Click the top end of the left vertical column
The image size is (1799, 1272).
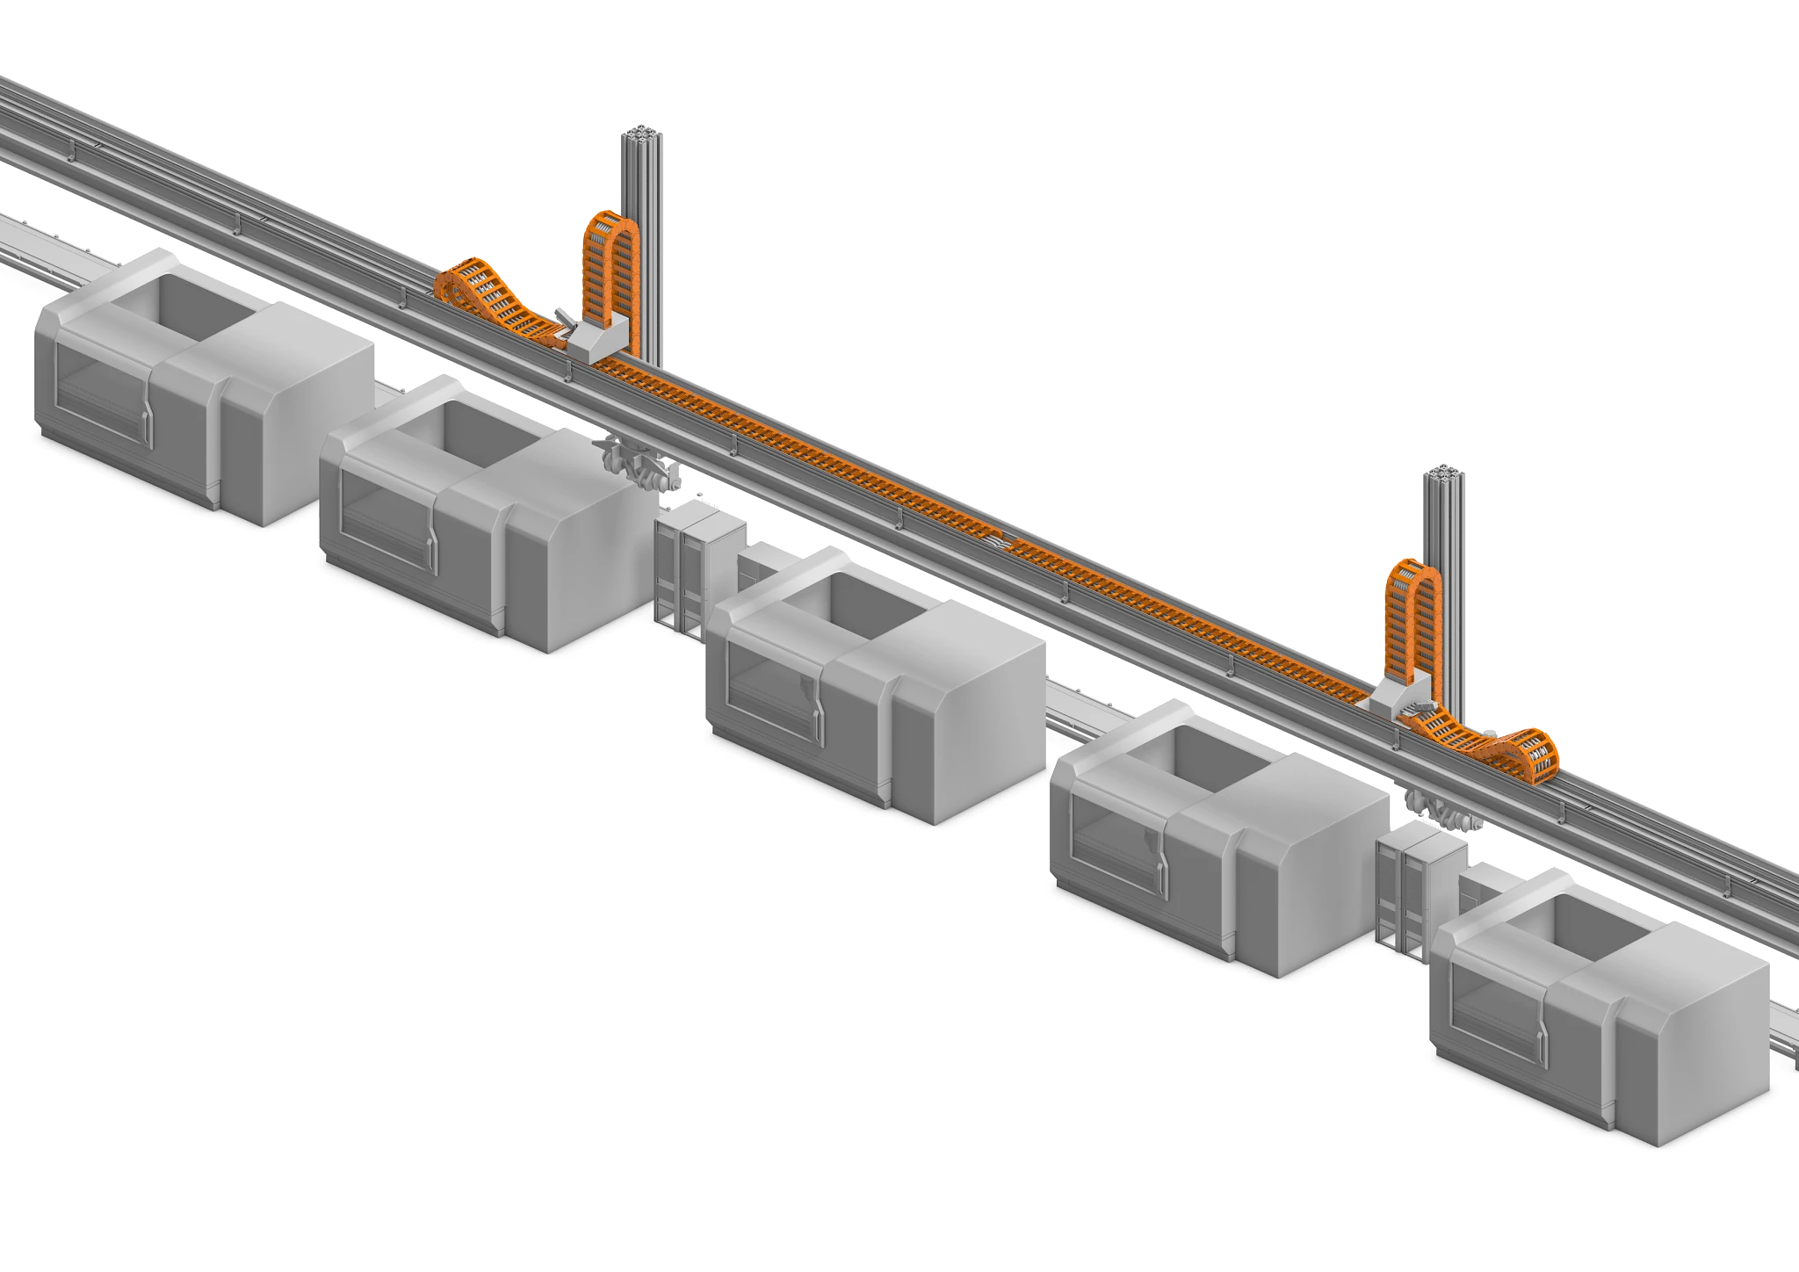(x=643, y=134)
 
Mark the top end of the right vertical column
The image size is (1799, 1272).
(x=1441, y=473)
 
